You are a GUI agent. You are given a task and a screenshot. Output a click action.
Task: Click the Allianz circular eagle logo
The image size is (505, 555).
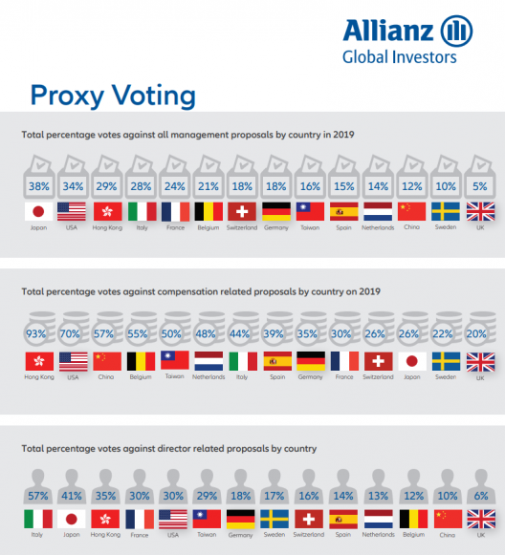pos(456,32)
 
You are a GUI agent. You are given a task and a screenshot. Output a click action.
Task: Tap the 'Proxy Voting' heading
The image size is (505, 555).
pos(113,96)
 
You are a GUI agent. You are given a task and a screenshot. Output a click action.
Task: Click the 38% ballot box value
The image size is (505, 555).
pos(39,186)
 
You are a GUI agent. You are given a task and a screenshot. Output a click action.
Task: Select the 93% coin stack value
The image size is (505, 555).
pos(35,333)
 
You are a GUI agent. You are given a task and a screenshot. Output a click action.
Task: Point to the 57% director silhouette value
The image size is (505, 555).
pos(38,496)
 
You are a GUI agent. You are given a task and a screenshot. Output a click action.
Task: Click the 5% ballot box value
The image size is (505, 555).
pos(480,186)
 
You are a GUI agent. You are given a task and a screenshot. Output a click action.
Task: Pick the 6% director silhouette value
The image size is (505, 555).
pos(481,496)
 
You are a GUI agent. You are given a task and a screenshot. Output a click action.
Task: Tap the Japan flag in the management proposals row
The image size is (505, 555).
pos(38,212)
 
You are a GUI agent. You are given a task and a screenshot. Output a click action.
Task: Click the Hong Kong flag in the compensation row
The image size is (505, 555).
pos(39,361)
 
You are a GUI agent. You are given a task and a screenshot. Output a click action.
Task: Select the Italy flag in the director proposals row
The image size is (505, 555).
pos(38,519)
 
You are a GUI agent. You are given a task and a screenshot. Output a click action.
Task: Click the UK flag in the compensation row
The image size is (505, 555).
pos(480,362)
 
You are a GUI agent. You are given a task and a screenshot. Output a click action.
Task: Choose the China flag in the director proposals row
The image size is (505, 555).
pos(448,520)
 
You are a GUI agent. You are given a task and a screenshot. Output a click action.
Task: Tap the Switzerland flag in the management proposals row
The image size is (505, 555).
pos(242,212)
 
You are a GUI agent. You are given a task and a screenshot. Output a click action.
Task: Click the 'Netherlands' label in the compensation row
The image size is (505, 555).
pos(209,377)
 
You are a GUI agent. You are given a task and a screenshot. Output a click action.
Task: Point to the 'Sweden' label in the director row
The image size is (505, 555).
pos(274,535)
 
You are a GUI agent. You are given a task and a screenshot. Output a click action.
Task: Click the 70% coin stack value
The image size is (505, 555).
pos(70,333)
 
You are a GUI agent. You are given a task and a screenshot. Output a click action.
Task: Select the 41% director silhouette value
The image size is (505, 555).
pos(72,496)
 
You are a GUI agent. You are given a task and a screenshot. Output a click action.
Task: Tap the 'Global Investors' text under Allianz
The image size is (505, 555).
pos(400,57)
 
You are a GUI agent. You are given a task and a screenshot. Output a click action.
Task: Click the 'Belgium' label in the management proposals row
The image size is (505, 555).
pos(209,227)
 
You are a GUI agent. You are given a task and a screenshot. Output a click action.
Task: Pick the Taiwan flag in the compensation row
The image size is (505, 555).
pos(175,360)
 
